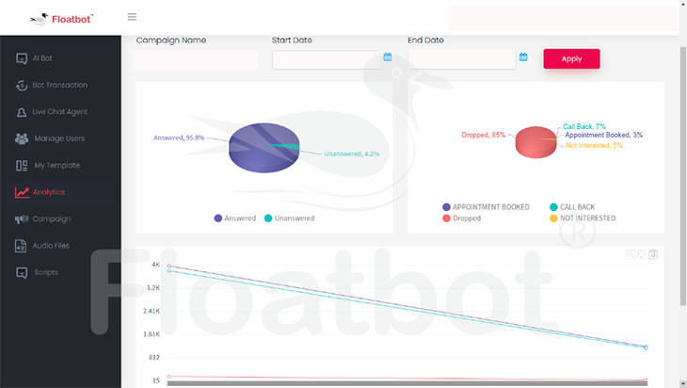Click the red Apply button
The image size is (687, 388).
coord(571,58)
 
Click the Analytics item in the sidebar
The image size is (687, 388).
coord(48,192)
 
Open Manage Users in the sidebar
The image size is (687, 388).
coord(59,138)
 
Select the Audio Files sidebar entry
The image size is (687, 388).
coord(51,246)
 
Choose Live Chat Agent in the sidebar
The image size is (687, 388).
coord(59,112)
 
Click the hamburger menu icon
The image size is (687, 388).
coord(132,17)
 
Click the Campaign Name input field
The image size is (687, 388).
coord(196,59)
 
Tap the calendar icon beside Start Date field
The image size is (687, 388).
coord(388,57)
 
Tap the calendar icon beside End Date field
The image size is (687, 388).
coord(523,57)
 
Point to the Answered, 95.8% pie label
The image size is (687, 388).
coord(179,138)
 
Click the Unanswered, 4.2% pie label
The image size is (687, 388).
coord(352,154)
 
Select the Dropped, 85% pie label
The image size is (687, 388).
coord(484,135)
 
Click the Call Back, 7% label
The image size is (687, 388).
coord(584,126)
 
